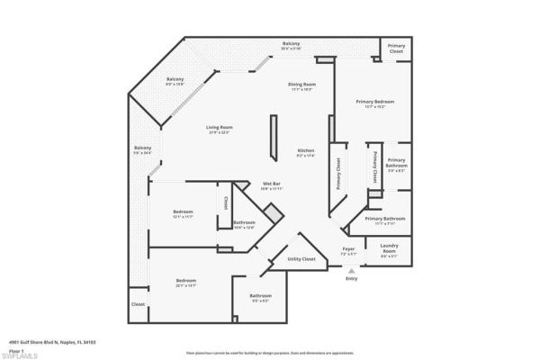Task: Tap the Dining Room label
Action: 301,85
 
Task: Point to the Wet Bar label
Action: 272,184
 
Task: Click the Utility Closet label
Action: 301,259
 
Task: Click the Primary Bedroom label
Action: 374,102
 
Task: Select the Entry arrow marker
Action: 350,270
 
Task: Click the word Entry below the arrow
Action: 351,278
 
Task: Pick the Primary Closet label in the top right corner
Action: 396,48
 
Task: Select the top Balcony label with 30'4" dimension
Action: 291,44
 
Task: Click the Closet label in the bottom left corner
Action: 139,304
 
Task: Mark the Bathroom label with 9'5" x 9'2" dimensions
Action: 261,296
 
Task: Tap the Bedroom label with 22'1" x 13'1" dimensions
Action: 186,280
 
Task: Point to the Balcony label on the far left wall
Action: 143,148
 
